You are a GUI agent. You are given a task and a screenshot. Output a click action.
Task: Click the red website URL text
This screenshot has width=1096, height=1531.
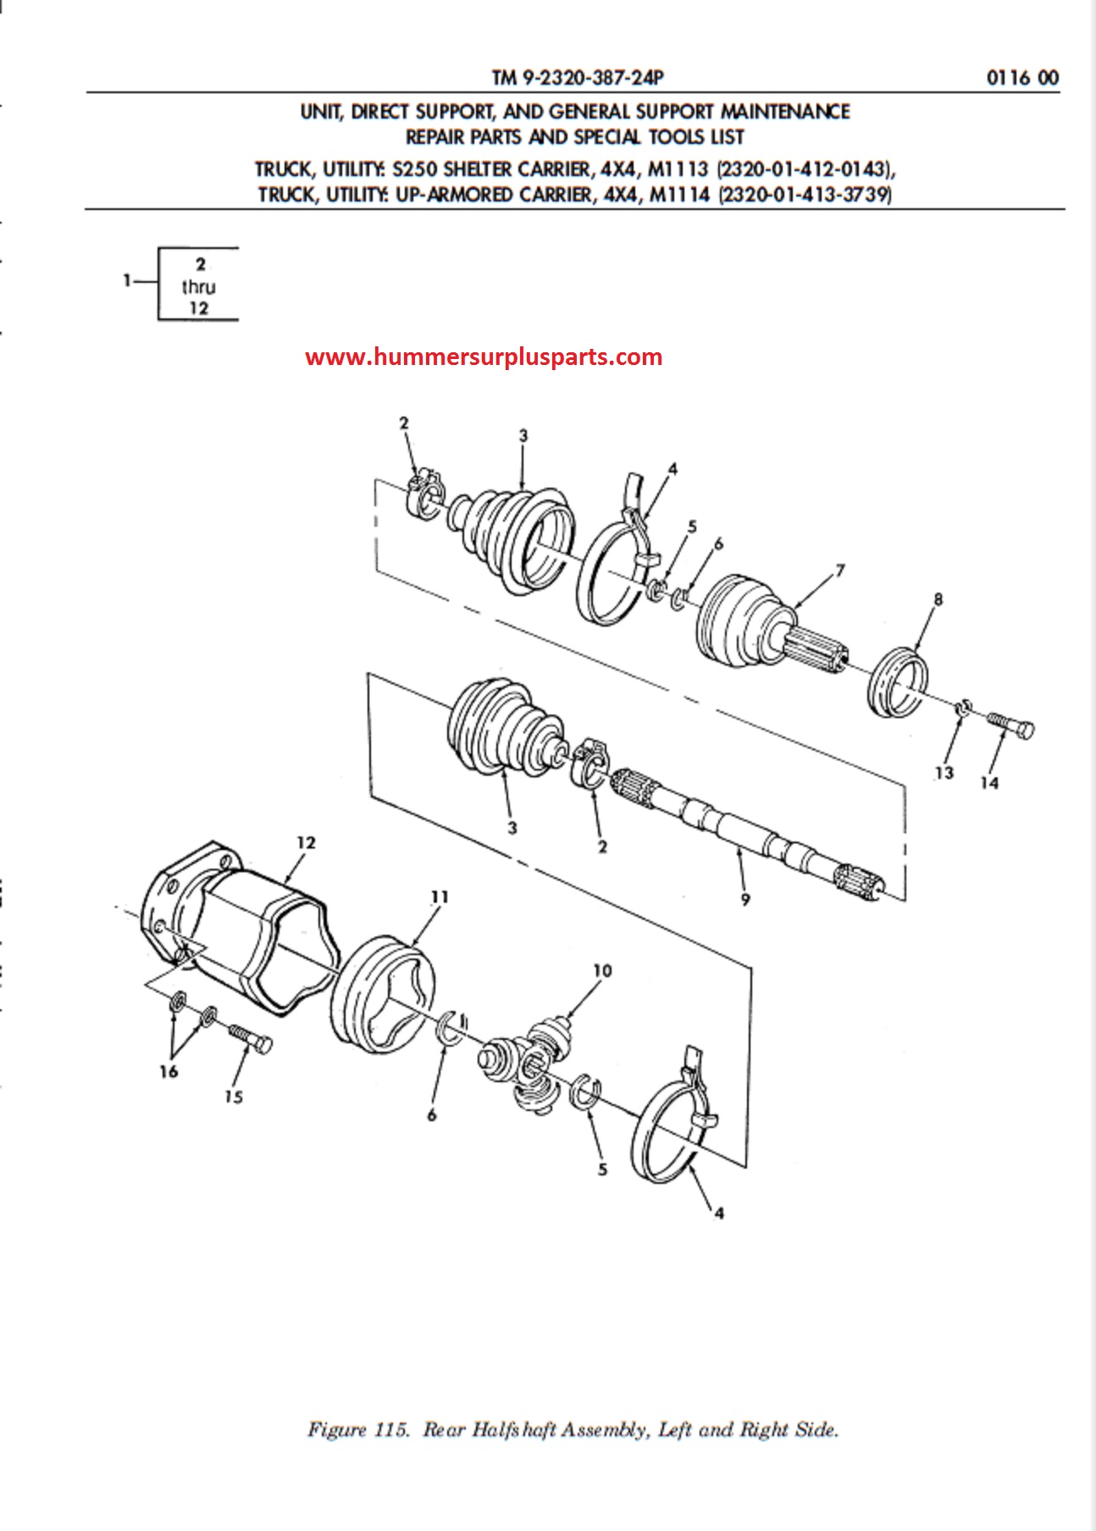click(484, 357)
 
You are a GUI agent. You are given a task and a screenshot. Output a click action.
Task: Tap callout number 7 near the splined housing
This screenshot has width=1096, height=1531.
click(840, 571)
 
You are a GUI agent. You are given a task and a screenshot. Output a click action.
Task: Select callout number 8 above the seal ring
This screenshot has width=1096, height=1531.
click(938, 600)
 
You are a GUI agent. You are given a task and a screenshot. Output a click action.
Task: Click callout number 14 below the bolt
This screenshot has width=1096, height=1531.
click(989, 783)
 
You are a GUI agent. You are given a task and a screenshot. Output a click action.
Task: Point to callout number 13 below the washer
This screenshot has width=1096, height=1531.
click(944, 772)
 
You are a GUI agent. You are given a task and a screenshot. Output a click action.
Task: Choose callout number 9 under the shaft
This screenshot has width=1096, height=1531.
click(745, 898)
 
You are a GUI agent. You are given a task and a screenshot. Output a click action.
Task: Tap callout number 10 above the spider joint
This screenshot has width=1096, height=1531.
click(602, 970)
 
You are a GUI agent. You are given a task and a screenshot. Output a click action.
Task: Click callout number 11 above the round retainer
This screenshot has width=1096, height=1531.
click(440, 897)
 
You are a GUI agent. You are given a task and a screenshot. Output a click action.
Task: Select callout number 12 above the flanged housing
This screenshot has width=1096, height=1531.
click(306, 843)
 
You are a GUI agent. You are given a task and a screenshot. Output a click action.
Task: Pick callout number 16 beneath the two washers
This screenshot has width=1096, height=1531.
click(169, 1071)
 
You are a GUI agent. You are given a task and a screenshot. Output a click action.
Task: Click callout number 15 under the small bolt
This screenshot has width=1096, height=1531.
click(234, 1097)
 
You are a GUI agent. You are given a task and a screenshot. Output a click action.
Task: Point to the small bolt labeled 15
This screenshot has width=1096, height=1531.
click(250, 1039)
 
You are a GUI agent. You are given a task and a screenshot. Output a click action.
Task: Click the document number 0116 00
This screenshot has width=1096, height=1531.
click(1022, 78)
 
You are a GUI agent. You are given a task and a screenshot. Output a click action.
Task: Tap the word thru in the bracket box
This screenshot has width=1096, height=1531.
click(198, 287)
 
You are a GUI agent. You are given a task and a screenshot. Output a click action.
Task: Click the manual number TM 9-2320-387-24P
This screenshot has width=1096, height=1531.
click(578, 78)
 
